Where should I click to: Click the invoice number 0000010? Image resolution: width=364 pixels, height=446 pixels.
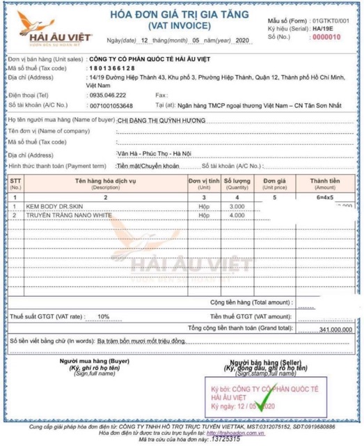[x=333, y=37]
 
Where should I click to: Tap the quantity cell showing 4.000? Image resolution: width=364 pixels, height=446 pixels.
[x=237, y=216]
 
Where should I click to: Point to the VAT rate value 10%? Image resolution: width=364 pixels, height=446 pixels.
[x=103, y=316]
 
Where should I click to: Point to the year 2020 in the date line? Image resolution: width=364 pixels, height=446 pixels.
[x=239, y=42]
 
